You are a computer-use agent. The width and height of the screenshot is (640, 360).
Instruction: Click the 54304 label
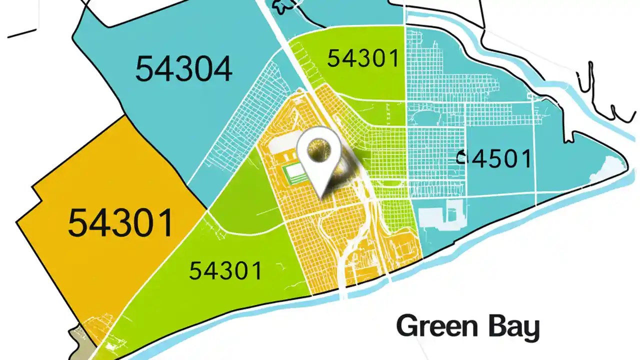[183, 69]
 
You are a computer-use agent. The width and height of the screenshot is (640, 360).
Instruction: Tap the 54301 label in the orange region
[121, 223]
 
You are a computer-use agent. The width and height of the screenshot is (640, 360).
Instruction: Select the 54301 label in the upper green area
[363, 59]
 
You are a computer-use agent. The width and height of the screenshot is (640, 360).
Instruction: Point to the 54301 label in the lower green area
[225, 271]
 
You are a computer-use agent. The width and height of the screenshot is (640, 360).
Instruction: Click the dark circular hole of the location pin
[319, 149]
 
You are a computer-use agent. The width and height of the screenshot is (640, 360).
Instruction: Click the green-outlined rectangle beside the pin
[295, 172]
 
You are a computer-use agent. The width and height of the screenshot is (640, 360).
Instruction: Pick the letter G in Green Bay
[407, 327]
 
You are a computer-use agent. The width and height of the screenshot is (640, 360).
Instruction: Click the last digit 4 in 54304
[220, 69]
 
